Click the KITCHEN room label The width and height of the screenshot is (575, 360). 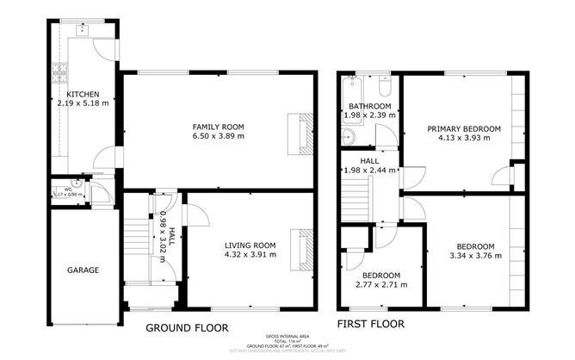(x=83, y=94)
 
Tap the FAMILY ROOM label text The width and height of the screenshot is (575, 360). (x=218, y=126)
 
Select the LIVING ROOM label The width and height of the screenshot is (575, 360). (x=250, y=245)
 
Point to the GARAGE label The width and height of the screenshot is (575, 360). (x=83, y=270)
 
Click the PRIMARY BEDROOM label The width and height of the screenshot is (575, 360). (x=464, y=128)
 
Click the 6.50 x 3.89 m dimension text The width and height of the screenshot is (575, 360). (x=218, y=135)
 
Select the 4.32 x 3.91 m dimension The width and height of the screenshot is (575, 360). (x=250, y=254)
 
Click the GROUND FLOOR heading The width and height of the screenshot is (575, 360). (x=187, y=327)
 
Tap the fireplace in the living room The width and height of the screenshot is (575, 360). (x=303, y=250)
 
